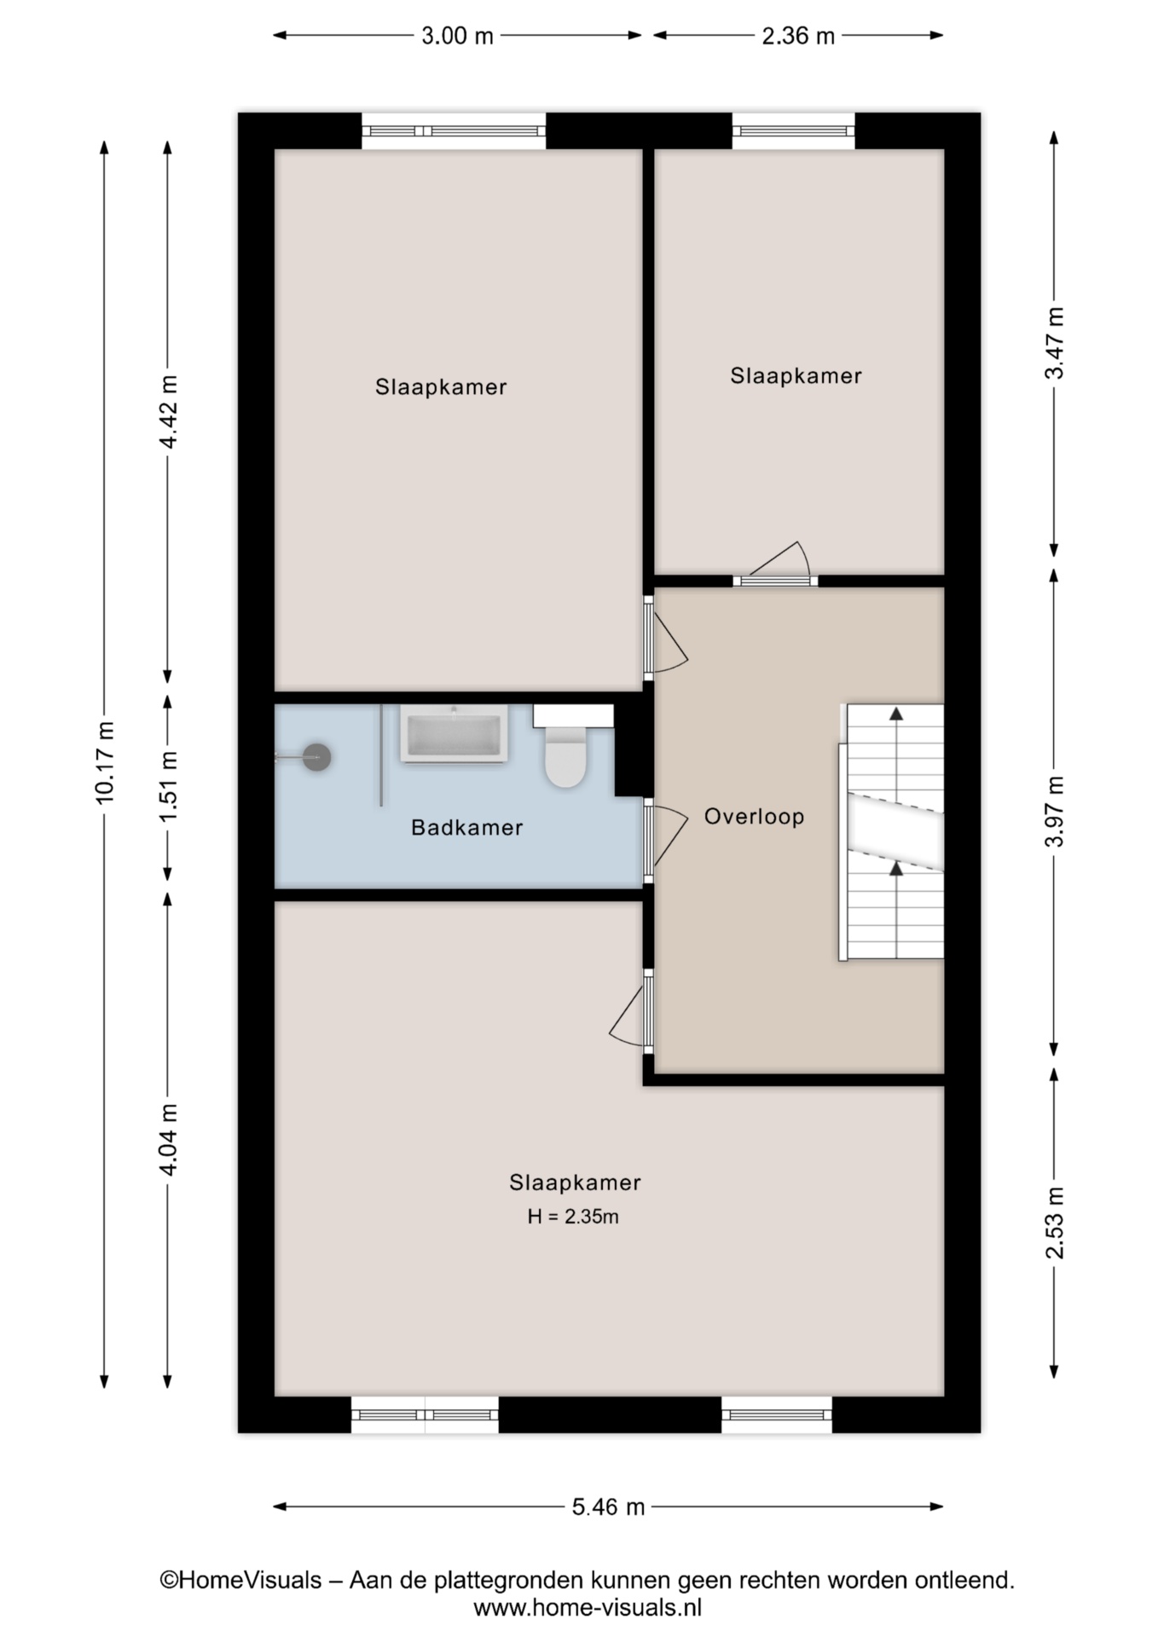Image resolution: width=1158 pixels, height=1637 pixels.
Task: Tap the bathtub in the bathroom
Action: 454,734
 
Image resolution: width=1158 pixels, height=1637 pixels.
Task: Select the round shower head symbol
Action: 317,757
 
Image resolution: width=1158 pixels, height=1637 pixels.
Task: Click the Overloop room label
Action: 754,817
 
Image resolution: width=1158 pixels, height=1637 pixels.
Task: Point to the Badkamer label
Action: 466,827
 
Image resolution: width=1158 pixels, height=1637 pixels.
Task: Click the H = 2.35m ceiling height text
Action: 573,1217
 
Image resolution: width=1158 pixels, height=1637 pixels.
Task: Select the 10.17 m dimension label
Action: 105,762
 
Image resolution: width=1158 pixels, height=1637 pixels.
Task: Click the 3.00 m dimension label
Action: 457,36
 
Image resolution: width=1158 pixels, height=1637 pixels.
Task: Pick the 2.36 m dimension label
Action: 798,36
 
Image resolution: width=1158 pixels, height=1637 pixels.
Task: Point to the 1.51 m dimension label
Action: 168,787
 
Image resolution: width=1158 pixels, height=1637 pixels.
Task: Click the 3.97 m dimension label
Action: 1055,812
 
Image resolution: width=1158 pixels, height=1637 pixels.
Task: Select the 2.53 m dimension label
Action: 1055,1223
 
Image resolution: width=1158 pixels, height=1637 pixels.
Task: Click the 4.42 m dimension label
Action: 168,412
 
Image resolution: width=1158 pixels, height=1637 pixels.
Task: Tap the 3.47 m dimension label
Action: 1055,343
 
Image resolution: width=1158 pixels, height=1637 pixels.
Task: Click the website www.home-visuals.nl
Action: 588,1608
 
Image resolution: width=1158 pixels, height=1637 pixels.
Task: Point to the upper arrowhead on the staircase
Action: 896,714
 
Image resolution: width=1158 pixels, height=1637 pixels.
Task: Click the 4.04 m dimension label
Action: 168,1140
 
